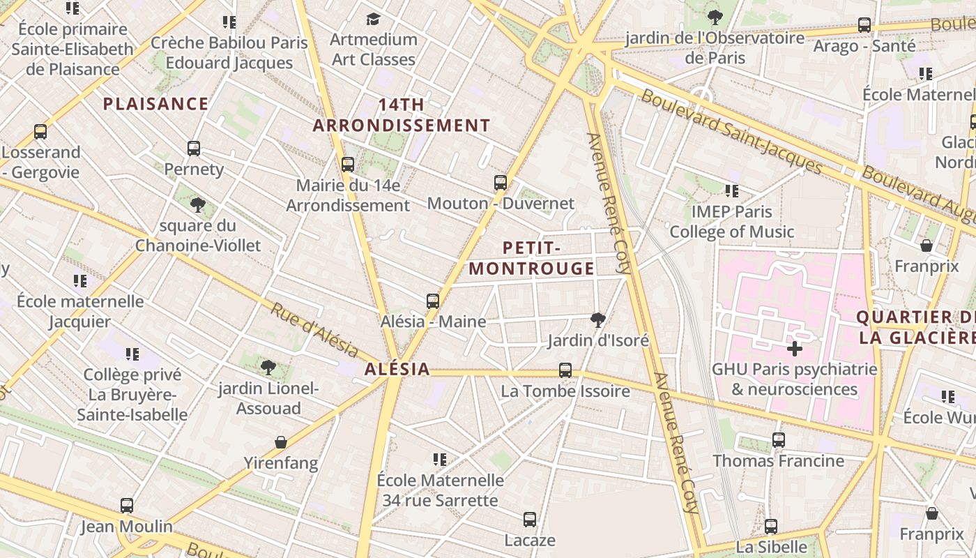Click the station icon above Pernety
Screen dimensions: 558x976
tap(194, 149)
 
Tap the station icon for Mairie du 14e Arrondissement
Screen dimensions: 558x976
tap(348, 165)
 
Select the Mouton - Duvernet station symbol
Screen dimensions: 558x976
tap(501, 183)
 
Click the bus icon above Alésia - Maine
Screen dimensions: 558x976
tap(433, 301)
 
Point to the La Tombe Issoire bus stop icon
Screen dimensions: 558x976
tap(565, 370)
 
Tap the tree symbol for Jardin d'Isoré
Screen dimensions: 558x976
tap(597, 320)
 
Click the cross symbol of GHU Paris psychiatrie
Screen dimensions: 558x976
tap(794, 348)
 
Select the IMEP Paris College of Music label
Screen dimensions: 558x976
tap(731, 222)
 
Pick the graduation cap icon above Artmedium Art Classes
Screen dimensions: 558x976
tap(374, 19)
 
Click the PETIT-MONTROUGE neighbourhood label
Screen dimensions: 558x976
tap(531, 258)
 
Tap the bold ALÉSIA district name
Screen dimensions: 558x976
tap(397, 370)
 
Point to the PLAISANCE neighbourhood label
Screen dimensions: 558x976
tap(155, 105)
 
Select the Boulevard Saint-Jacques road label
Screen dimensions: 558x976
tap(731, 131)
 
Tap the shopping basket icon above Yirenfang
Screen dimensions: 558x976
tap(281, 442)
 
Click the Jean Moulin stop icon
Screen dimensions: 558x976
tap(127, 506)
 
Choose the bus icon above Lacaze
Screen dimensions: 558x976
tap(530, 520)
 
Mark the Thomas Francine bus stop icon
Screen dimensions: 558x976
tap(779, 440)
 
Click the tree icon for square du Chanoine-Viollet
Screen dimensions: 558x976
tap(198, 205)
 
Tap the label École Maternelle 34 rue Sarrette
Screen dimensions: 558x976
tap(440, 490)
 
